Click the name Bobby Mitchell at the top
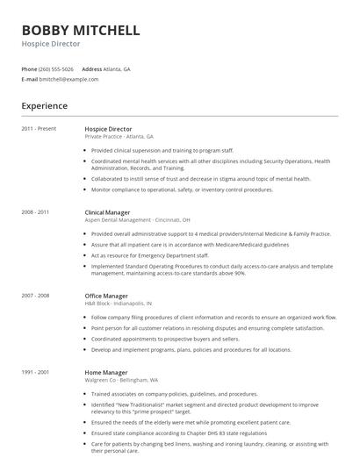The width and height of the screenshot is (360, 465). coord(80,30)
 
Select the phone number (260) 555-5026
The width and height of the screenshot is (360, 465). coord(57,68)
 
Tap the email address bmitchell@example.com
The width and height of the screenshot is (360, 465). coord(69,79)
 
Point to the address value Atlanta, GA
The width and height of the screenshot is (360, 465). coord(118,68)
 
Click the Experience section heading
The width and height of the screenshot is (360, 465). coord(44,106)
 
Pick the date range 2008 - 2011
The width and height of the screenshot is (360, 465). coord(36,212)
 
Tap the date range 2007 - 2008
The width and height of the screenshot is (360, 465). coord(36,296)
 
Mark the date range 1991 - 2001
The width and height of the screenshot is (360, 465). coord(36,372)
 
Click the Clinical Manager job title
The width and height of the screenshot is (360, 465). coord(108,212)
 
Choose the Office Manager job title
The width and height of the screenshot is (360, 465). coord(106,296)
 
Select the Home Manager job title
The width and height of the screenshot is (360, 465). coord(105,372)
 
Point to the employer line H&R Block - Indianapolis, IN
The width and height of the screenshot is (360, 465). coord(122,304)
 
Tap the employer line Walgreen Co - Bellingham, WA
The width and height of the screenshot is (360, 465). coord(122,380)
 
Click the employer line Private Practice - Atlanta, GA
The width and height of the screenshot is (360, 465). coord(119,137)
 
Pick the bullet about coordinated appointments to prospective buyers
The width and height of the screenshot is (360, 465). coord(165,338)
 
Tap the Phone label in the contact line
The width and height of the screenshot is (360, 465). coord(29,68)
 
